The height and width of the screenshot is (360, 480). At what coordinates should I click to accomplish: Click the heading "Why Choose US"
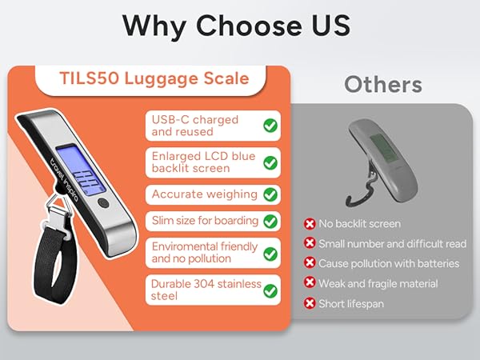coord(236,25)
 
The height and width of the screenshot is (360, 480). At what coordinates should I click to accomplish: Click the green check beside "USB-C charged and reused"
coord(270,126)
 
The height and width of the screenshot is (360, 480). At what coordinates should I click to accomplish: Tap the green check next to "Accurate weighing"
coord(270,194)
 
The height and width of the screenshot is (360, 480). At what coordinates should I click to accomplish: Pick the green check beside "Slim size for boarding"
coord(270,220)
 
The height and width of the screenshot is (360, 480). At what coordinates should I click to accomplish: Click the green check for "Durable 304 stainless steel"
coord(270,290)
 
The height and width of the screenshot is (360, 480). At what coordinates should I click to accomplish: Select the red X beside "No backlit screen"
coord(310,224)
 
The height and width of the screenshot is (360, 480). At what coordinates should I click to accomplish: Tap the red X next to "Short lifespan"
coord(310,303)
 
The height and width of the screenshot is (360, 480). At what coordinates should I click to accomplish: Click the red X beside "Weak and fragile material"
coord(310,283)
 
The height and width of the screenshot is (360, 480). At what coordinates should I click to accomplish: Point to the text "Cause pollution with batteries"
coord(389,263)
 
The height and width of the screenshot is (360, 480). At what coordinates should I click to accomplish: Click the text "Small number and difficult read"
coord(391,243)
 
